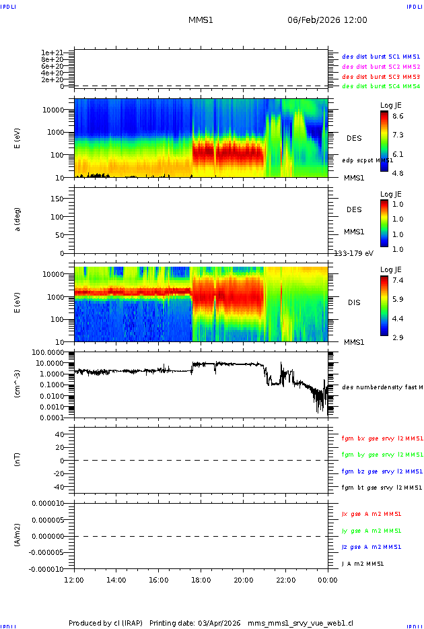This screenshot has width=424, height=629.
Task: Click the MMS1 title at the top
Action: tap(201, 20)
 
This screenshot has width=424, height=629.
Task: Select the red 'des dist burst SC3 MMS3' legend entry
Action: tap(381, 77)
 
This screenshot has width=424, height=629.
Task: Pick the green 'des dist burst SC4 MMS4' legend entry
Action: tap(381, 86)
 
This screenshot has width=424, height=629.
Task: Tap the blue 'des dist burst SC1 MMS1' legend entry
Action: tap(381, 57)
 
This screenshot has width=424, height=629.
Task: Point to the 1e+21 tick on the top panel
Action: tap(52, 53)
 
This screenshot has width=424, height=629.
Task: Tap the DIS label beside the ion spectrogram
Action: tap(353, 302)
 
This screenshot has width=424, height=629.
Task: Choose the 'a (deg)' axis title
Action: tap(18, 219)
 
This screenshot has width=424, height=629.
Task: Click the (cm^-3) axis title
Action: tap(18, 385)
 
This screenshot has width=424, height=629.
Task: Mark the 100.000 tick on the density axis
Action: tap(49, 352)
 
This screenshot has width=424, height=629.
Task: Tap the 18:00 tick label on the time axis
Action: tap(201, 579)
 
